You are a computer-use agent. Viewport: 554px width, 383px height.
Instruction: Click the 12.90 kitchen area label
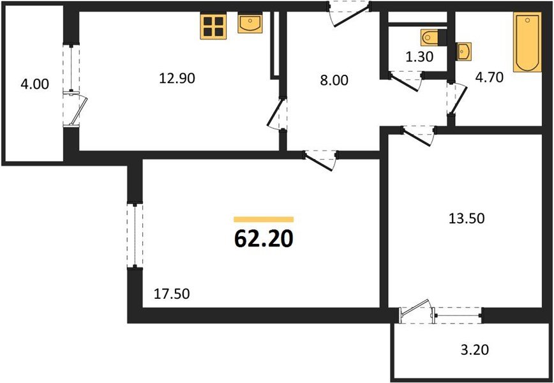point(177,79)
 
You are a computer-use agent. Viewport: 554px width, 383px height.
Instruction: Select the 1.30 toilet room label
point(420,56)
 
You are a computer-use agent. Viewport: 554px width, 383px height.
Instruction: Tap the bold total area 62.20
point(264,239)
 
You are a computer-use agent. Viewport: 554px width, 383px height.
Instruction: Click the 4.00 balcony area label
point(34,84)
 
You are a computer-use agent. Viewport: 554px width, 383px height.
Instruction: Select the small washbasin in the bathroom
point(463,51)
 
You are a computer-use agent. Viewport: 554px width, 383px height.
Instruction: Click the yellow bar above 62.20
point(264,219)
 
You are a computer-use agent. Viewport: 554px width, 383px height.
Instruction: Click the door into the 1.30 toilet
point(407,79)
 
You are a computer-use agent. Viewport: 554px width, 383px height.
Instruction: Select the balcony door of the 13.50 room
point(417,313)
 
